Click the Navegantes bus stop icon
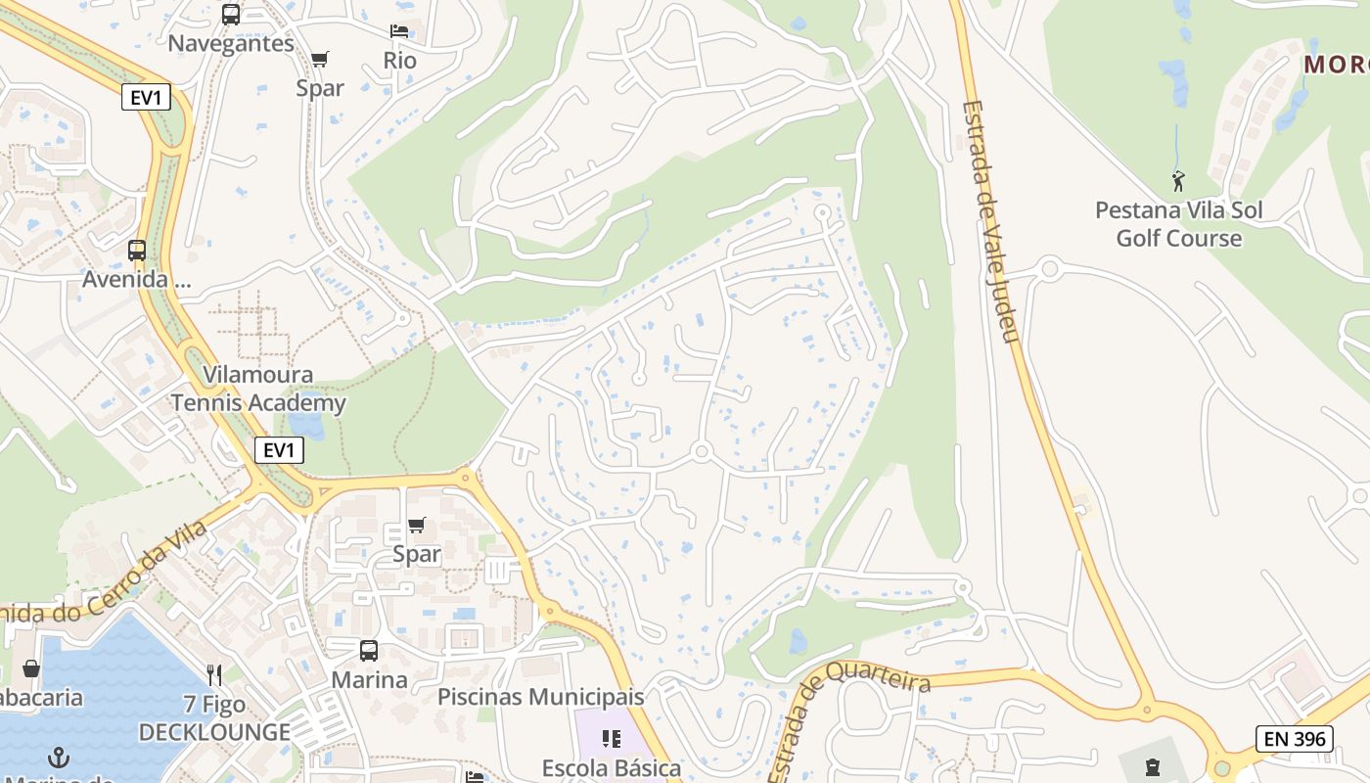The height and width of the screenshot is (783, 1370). coord(231,14)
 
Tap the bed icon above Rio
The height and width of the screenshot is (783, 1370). coord(399,30)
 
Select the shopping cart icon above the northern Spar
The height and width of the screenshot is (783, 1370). coord(320,59)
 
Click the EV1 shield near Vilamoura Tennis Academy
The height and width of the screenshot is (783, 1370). coord(279,450)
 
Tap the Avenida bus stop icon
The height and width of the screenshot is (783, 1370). coord(137,250)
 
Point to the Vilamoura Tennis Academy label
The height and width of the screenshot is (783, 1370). coord(258,389)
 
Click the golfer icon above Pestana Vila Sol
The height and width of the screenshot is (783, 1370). coord(1178,181)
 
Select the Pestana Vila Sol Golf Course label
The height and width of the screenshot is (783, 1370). coord(1178,224)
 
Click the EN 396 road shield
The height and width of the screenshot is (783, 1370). coord(1295,739)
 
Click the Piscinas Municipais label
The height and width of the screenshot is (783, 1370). coord(540,697)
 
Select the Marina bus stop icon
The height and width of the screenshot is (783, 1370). coord(369,650)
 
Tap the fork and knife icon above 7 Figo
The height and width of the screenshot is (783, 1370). coord(215,674)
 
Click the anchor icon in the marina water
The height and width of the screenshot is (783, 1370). coord(59,757)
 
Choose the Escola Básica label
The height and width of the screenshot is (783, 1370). coord(612,767)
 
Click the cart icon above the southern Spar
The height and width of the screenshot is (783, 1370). coord(417,526)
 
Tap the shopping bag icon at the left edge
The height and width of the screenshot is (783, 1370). coord(31,668)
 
